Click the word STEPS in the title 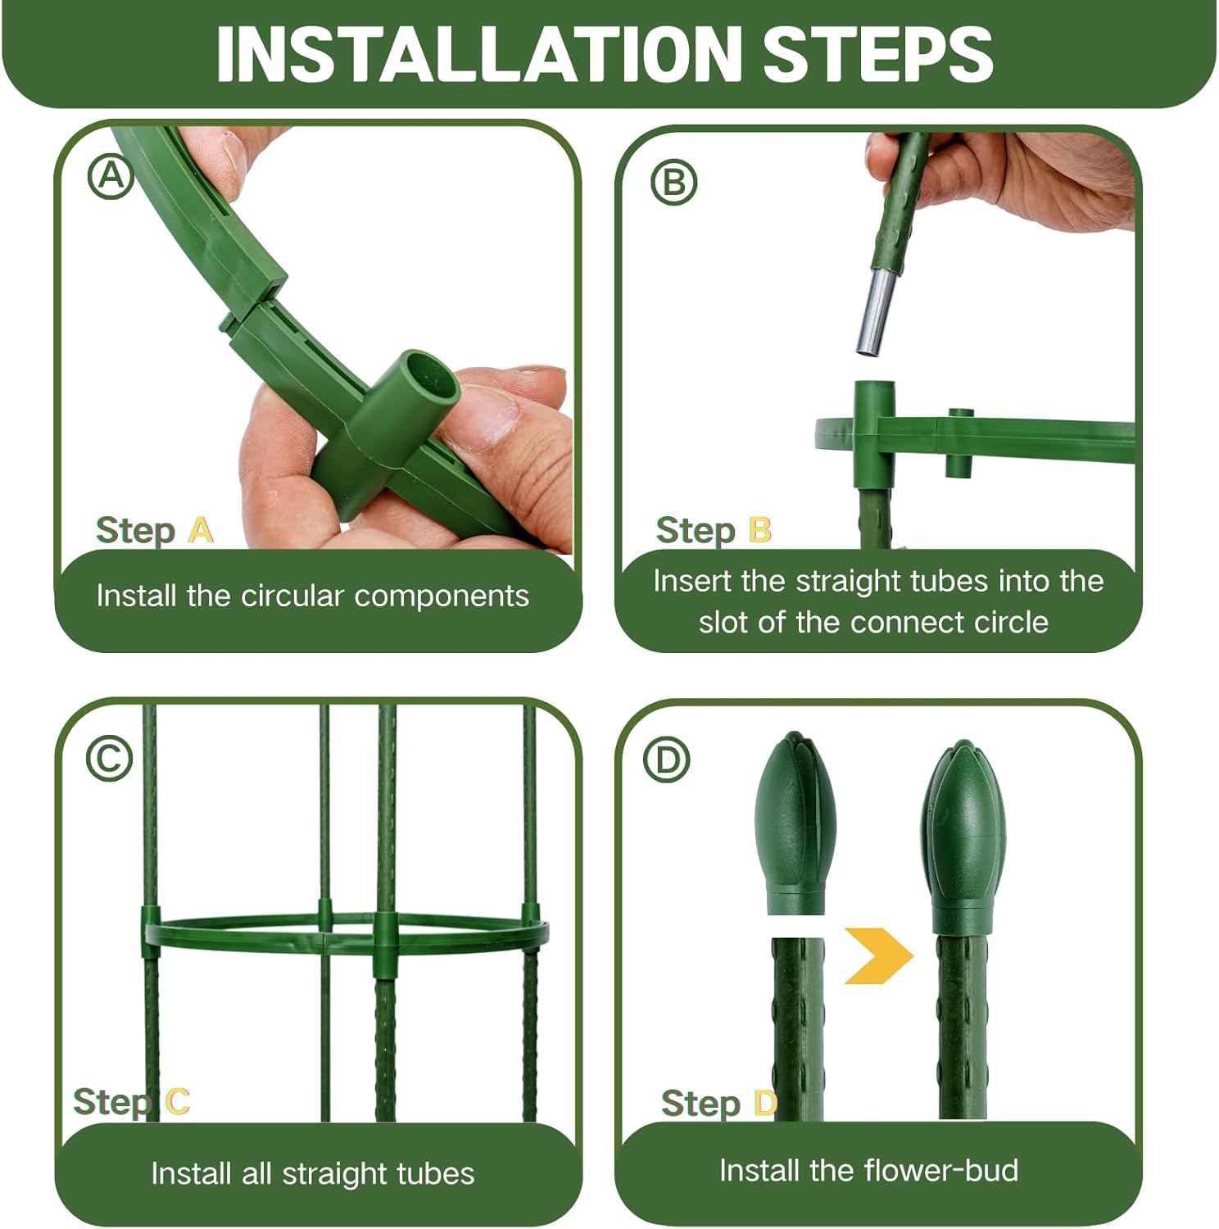point(878,54)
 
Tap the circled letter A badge point(111,177)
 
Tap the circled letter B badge point(673,182)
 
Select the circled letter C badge point(110,759)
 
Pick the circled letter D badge point(668,760)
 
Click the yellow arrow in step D point(878,955)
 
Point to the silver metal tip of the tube point(877,311)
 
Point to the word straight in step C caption point(333,1174)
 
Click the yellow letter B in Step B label point(760,530)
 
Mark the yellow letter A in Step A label point(201,530)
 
